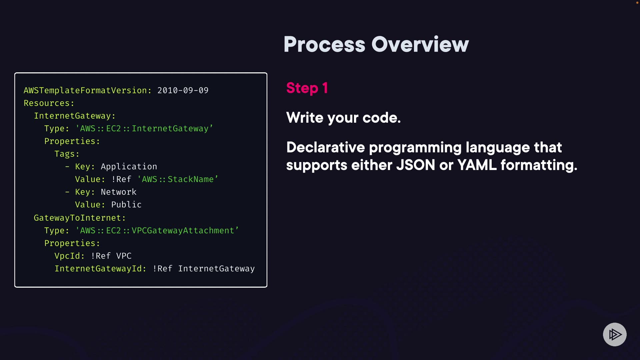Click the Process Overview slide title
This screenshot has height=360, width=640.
[376, 44]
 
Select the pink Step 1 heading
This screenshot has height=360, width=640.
[307, 88]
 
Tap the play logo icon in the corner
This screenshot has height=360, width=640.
[615, 334]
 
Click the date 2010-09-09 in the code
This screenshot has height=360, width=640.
[183, 90]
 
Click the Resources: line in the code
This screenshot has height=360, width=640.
[49, 103]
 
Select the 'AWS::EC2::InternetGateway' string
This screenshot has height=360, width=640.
[144, 129]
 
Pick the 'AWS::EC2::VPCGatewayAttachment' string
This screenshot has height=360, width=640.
[157, 231]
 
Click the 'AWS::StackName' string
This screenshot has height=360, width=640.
[178, 179]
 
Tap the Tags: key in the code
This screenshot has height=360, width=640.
[67, 154]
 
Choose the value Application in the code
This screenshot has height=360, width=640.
[129, 167]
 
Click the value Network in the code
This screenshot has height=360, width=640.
[118, 192]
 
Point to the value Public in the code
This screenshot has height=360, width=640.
[126, 205]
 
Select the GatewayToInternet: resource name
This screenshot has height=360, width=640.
[80, 218]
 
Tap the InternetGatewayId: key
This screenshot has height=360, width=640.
[100, 269]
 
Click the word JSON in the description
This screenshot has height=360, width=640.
[416, 165]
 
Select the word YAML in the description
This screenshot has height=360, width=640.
[477, 165]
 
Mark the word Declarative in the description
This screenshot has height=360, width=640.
[325, 147]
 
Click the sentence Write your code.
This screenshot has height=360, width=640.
[343, 118]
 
